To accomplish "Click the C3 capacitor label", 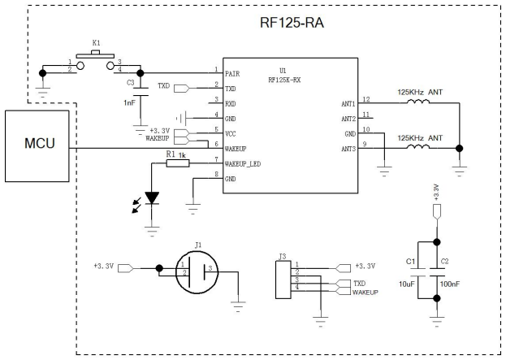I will [130, 82].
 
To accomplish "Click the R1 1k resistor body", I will [178, 163].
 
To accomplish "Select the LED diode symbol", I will [152, 197].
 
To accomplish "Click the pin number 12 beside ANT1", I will [366, 99].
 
